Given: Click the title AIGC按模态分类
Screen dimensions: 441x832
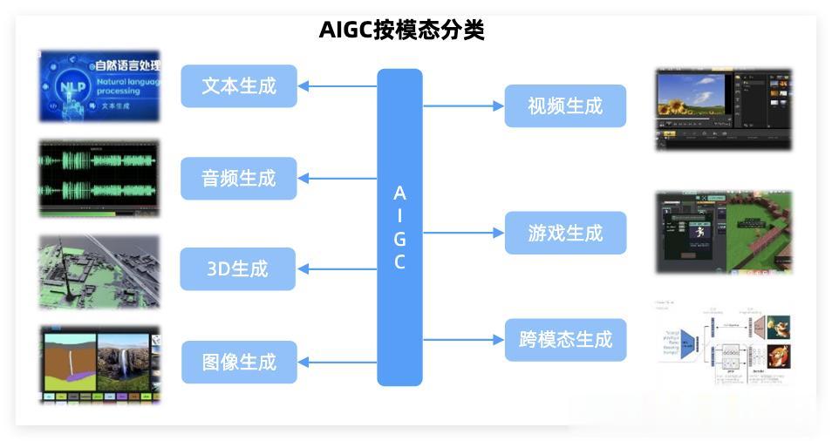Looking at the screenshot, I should coord(401,30).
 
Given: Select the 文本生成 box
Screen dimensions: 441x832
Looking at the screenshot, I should coord(239,86).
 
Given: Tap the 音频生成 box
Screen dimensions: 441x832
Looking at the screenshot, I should coord(238,179).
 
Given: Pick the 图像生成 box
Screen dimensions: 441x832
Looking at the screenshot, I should coord(239,362).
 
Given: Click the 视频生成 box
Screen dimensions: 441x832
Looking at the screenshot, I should coord(565,106).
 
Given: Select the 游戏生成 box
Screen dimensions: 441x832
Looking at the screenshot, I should coord(565,234).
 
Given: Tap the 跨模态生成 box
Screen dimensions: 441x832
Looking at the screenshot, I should coord(565,340).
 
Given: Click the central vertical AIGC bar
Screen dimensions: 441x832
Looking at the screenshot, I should coord(399,227).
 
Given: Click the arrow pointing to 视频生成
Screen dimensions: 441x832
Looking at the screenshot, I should coord(463,106).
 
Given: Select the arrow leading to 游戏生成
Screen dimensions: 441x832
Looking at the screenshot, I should coord(463,234).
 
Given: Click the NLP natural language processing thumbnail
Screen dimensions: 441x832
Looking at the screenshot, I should coord(99,85).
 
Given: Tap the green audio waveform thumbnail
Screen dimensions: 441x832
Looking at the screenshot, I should coord(99,178).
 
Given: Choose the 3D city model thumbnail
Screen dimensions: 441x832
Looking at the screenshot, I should coord(99,271).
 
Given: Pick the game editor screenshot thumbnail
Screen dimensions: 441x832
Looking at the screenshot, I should coord(724,233).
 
